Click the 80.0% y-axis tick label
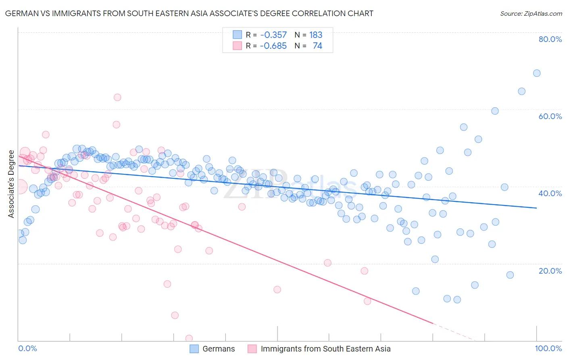[x=550, y=39]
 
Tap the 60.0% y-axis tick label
[x=550, y=116]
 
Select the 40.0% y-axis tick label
[x=550, y=193]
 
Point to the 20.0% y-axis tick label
[x=550, y=270]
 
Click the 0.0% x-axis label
[x=27, y=348]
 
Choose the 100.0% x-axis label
[x=548, y=348]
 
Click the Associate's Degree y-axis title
[x=11, y=184]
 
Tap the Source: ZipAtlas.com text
[x=531, y=13]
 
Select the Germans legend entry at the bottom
[x=219, y=349]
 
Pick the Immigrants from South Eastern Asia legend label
[x=325, y=349]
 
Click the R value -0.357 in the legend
[x=273, y=35]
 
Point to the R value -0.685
[x=273, y=46]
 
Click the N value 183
[x=316, y=35]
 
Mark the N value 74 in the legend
[x=317, y=46]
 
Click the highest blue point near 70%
[x=537, y=73]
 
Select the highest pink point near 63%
[x=117, y=97]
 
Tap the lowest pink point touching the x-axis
[x=189, y=338]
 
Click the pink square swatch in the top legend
[x=237, y=46]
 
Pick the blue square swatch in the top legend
[x=237, y=35]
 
